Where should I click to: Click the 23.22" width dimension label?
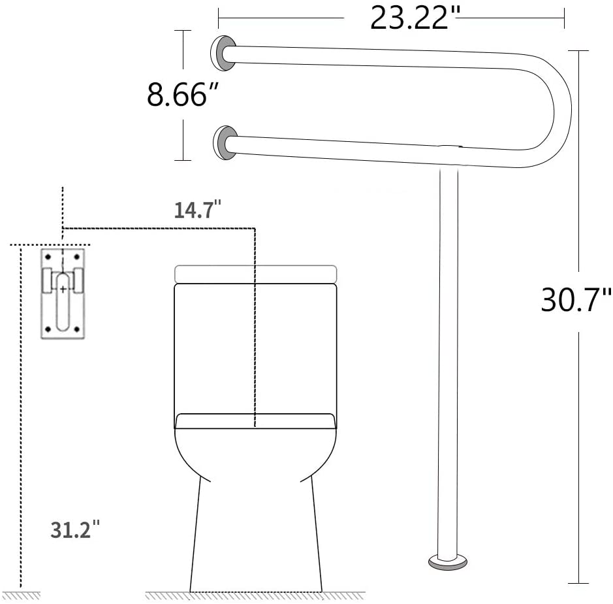pos(415,18)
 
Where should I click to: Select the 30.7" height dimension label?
pos(576,300)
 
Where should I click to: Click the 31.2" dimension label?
pos(74,529)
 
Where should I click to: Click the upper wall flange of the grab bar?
pos(223,53)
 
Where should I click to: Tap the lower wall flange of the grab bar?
pos(226,143)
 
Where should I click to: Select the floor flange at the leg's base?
pos(448,562)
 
